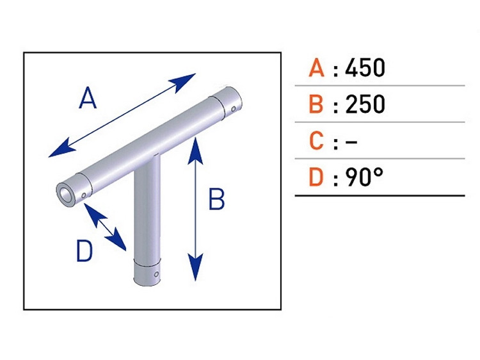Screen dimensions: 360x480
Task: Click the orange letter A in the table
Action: (x=316, y=68)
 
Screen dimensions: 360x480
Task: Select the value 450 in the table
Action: (x=365, y=68)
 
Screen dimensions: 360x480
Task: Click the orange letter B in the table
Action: (x=316, y=104)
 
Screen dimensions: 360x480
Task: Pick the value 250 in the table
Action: (x=365, y=104)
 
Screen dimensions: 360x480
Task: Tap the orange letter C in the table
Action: (x=316, y=140)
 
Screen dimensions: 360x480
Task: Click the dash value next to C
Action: (x=351, y=141)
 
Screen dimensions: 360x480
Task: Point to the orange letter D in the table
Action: (x=316, y=177)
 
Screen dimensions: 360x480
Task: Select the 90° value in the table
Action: (x=364, y=177)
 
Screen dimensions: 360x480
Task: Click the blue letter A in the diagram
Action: (x=87, y=99)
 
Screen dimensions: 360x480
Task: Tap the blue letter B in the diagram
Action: (x=217, y=200)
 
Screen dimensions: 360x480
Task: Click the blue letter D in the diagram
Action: (x=84, y=252)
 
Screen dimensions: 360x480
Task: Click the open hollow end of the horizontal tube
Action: (x=65, y=193)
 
